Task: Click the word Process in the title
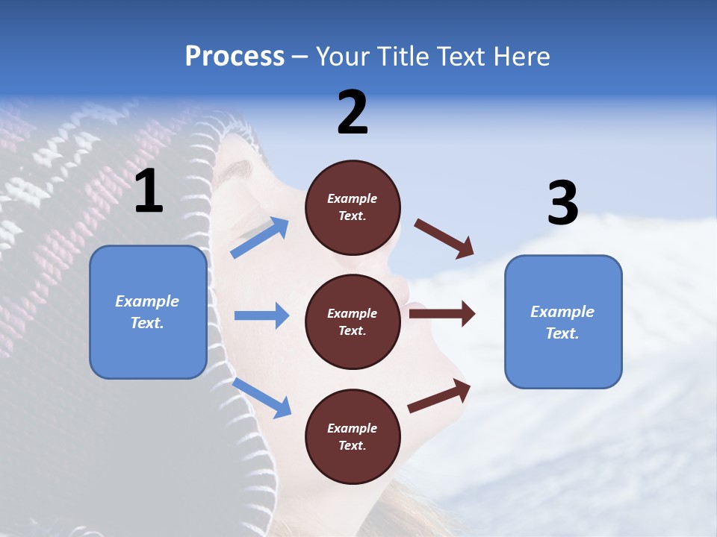click(x=235, y=57)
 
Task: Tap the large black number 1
click(x=149, y=192)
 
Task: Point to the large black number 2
click(x=353, y=113)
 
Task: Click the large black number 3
click(x=562, y=204)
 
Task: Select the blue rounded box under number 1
click(x=148, y=312)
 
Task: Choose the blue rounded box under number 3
click(x=563, y=322)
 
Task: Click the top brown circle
click(x=353, y=207)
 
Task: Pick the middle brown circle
click(x=353, y=321)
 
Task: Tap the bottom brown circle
click(x=353, y=436)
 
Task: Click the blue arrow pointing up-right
click(x=260, y=238)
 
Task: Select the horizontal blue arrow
click(x=261, y=315)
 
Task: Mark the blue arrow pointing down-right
click(x=261, y=398)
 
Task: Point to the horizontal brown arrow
click(x=441, y=313)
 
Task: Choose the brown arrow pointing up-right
click(x=440, y=396)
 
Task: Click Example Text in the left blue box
click(x=147, y=312)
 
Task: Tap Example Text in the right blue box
click(x=562, y=322)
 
